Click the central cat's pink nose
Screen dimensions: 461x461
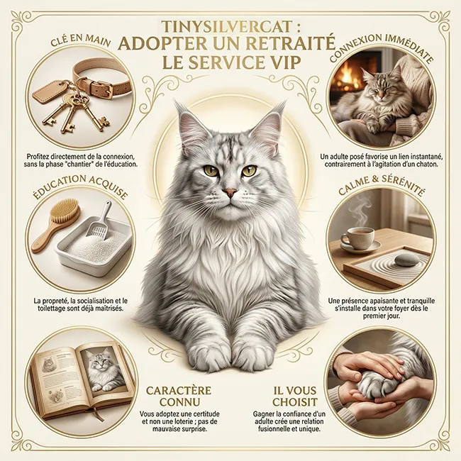point(230,192)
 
